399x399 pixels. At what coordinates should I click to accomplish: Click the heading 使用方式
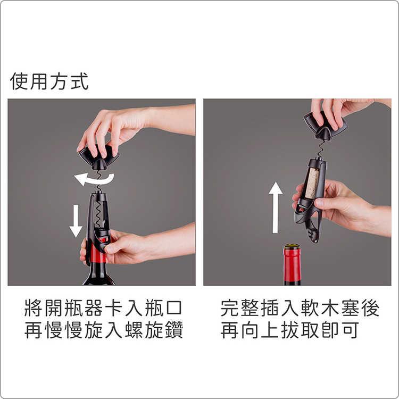tap(49, 81)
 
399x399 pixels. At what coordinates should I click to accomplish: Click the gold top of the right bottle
tap(292, 247)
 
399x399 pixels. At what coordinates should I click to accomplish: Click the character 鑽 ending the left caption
tap(174, 330)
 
